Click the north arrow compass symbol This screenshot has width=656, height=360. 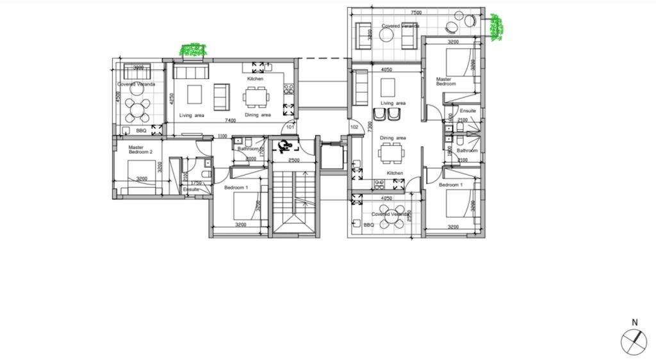(x=634, y=341)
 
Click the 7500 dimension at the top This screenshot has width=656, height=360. (x=416, y=13)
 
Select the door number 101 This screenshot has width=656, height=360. (x=290, y=127)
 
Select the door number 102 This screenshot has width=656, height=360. (x=354, y=127)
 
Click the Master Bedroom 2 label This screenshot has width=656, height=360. (x=140, y=149)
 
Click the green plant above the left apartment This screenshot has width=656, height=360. (x=193, y=50)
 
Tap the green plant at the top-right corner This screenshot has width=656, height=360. (x=495, y=27)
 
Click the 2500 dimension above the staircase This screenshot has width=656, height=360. (x=294, y=160)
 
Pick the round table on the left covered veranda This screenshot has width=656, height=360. (x=137, y=110)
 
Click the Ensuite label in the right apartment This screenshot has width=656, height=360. (x=468, y=111)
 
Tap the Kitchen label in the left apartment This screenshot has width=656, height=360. (x=256, y=79)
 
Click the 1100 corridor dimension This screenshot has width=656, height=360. (x=222, y=136)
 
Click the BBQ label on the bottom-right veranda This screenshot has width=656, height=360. (x=368, y=225)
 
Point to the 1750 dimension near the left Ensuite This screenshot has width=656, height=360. (x=197, y=183)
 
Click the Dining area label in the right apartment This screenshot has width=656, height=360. (x=393, y=138)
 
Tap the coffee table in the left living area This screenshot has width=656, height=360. (x=195, y=95)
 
